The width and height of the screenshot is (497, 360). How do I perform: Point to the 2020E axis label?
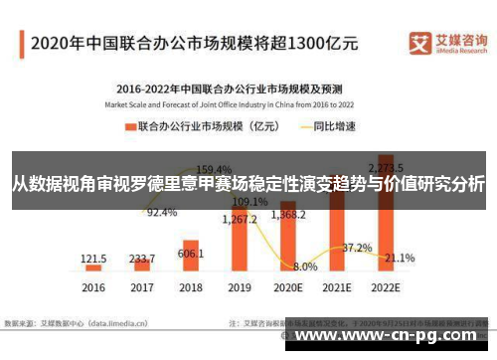287,287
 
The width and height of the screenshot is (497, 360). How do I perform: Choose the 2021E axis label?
335,287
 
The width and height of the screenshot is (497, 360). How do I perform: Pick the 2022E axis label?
384,287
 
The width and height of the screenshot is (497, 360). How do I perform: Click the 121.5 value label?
95,258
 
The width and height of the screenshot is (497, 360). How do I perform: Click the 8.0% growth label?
306,267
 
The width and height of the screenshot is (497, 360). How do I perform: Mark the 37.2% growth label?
357,248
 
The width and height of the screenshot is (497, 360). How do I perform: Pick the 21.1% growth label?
400,258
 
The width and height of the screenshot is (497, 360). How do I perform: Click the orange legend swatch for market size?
128,126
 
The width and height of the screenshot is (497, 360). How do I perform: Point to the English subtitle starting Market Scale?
235,102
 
